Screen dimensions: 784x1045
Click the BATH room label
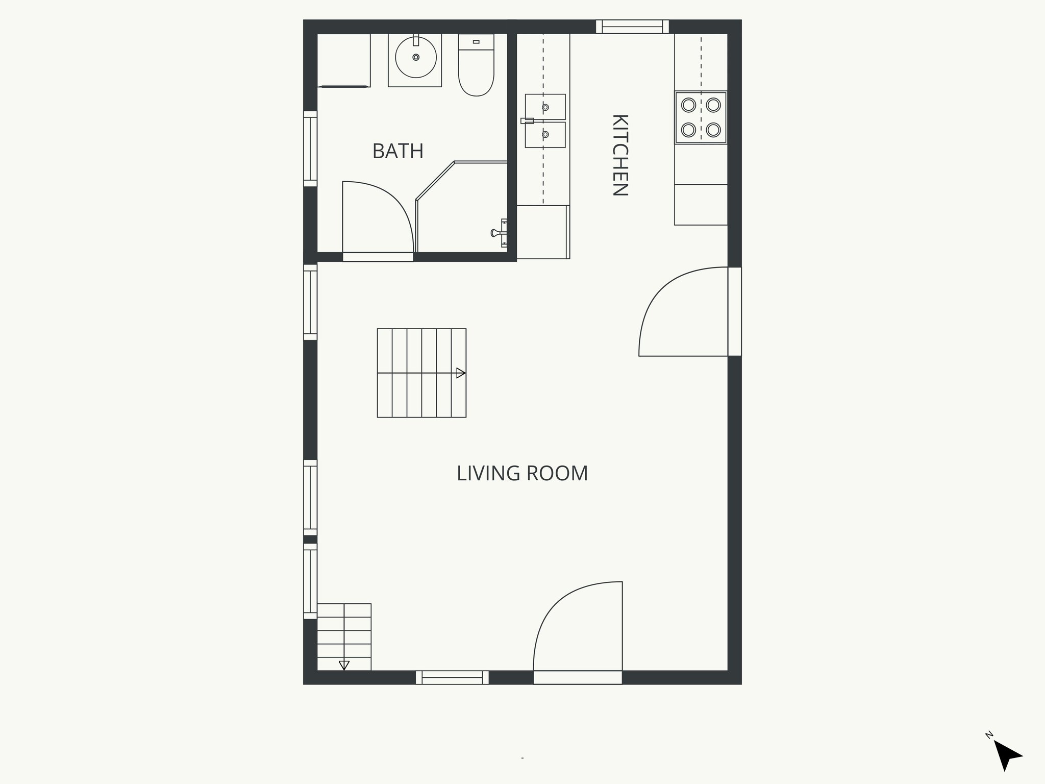397,151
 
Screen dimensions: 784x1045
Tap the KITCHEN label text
619,155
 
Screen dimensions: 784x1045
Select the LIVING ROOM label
522,473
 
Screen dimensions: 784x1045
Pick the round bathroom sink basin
416,57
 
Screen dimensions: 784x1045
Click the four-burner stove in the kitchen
701,117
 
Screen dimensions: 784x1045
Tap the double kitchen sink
545,121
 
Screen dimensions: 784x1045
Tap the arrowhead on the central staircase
461,373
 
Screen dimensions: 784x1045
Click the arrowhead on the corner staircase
344,665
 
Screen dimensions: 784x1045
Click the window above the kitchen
632,27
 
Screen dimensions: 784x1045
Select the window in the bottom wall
452,677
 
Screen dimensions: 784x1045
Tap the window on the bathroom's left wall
310,149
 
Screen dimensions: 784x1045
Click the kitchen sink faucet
527,121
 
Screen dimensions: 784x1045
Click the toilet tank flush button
476,42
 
